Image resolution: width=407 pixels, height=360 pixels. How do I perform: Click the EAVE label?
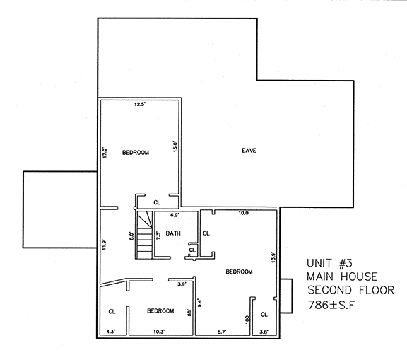click(249, 151)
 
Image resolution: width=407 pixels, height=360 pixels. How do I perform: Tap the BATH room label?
click(173, 233)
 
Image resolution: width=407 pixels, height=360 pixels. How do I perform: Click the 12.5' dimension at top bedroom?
click(140, 105)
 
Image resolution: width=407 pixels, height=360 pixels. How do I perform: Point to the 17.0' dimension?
click(105, 152)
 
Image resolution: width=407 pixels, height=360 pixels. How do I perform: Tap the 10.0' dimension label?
click(244, 213)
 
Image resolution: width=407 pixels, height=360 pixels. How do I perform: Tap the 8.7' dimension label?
click(221, 330)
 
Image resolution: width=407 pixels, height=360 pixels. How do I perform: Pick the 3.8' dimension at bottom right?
click(264, 330)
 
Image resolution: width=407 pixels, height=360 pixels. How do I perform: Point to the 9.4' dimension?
click(200, 303)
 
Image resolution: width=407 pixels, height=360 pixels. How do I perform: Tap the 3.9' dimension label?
click(181, 284)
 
